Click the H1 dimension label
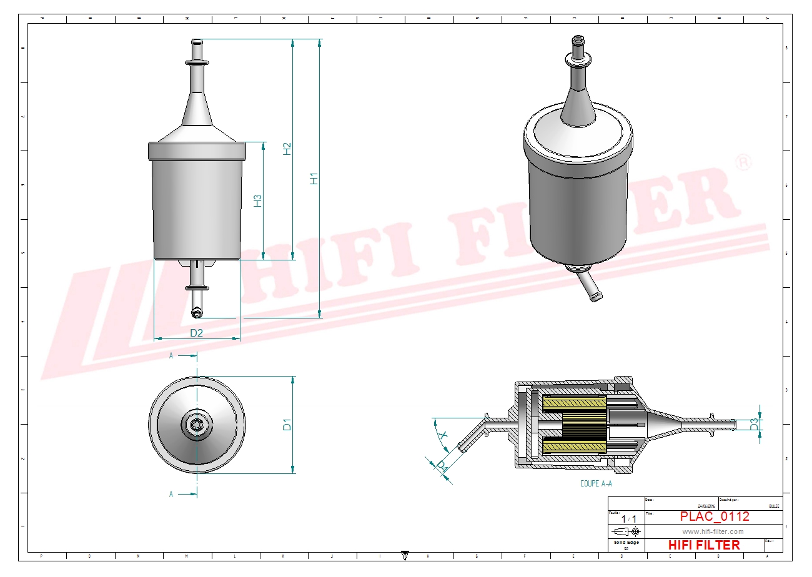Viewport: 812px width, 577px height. pyautogui.click(x=314, y=178)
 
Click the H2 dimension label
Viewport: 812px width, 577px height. pyautogui.click(x=287, y=149)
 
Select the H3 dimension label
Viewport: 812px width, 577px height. pyautogui.click(x=257, y=200)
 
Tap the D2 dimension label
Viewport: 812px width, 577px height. pyautogui.click(x=197, y=333)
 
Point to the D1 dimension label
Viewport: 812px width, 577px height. pyautogui.click(x=287, y=425)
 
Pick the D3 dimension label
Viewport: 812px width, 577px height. pyautogui.click(x=754, y=424)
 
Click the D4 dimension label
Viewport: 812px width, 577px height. pyautogui.click(x=442, y=466)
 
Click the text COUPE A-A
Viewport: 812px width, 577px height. pyautogui.click(x=597, y=483)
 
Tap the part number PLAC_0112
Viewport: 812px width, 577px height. pyautogui.click(x=715, y=516)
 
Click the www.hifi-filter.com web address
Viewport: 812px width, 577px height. pyautogui.click(x=713, y=531)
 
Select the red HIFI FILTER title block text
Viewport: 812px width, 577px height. pyautogui.click(x=704, y=545)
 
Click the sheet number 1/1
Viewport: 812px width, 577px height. pyautogui.click(x=629, y=519)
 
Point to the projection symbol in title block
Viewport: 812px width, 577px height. pyautogui.click(x=626, y=532)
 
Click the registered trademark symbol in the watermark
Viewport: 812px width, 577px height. pyautogui.click(x=743, y=163)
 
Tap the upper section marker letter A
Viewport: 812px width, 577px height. pyautogui.click(x=171, y=355)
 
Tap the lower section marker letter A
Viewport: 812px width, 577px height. pyautogui.click(x=171, y=494)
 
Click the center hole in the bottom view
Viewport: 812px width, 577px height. pyautogui.click(x=197, y=425)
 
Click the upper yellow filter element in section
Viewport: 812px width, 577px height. pyautogui.click(x=575, y=404)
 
